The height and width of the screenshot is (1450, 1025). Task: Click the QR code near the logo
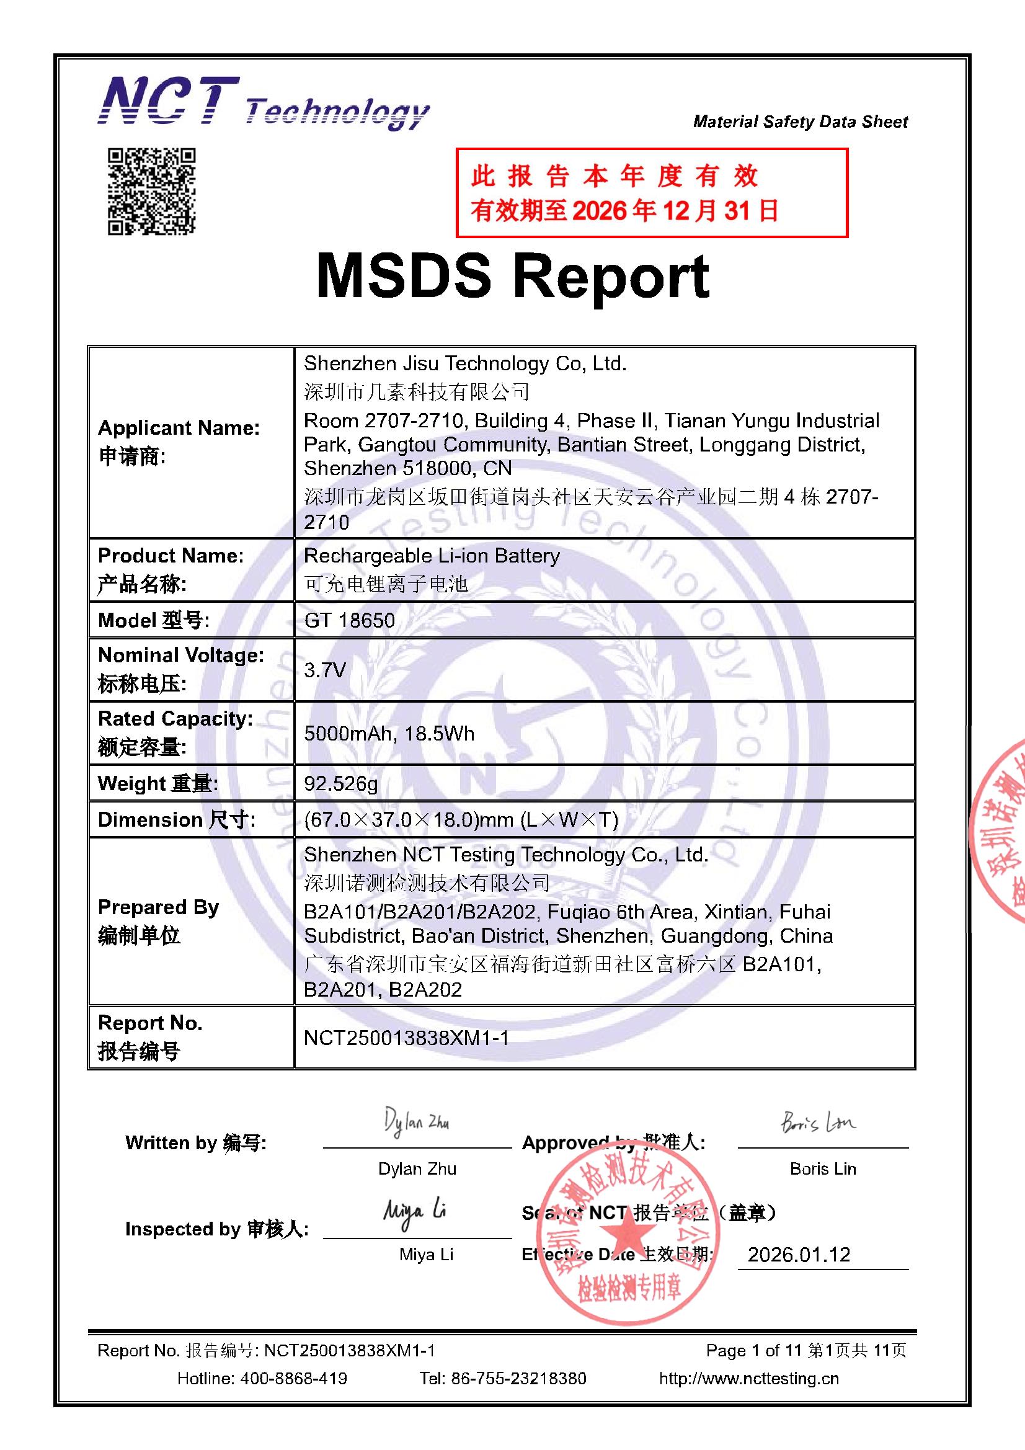pyautogui.click(x=151, y=192)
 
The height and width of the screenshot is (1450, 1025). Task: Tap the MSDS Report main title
pyautogui.click(x=512, y=277)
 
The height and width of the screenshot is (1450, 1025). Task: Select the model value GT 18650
pyautogui.click(x=349, y=620)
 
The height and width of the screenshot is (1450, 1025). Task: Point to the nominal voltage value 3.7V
pyautogui.click(x=325, y=669)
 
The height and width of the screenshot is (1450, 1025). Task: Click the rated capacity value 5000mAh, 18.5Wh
pyautogui.click(x=388, y=733)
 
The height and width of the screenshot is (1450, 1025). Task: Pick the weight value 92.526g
pyautogui.click(x=341, y=783)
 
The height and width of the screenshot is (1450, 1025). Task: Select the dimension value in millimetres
pyautogui.click(x=461, y=820)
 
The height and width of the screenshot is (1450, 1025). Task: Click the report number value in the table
pyautogui.click(x=406, y=1038)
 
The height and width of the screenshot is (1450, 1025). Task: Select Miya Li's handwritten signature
pyautogui.click(x=415, y=1211)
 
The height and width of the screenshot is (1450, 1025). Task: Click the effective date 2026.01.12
pyautogui.click(x=799, y=1254)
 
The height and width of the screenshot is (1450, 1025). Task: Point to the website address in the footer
pyautogui.click(x=749, y=1378)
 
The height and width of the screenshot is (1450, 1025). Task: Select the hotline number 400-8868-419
pyautogui.click(x=293, y=1378)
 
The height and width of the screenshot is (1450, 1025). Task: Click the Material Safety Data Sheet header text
pyautogui.click(x=800, y=122)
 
